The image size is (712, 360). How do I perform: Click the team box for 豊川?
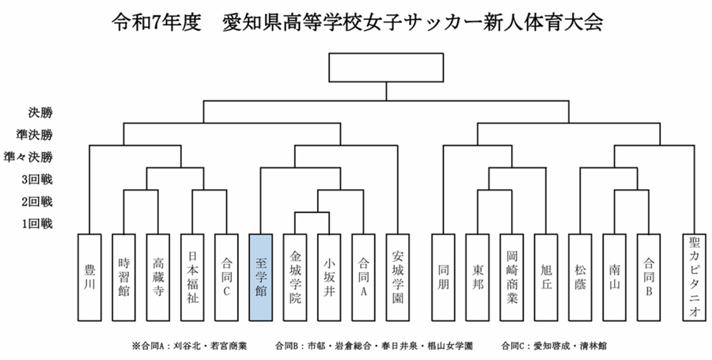(x=89, y=277)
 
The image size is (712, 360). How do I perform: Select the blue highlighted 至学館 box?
(x=260, y=277)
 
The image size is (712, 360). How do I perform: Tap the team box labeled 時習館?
(x=124, y=277)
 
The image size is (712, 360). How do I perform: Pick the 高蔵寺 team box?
(x=158, y=277)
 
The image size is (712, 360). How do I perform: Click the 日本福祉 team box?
(x=192, y=277)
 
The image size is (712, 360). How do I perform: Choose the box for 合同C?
(x=226, y=277)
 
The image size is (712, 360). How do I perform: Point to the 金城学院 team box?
(x=294, y=277)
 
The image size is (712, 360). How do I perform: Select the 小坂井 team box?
(x=328, y=277)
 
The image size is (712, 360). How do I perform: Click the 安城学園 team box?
(x=398, y=277)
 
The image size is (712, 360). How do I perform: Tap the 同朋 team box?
(x=443, y=277)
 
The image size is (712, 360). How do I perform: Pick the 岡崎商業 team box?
(x=512, y=277)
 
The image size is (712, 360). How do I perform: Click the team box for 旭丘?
(x=546, y=277)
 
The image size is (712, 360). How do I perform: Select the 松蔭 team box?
(x=580, y=277)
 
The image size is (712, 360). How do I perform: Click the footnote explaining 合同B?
(x=373, y=346)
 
